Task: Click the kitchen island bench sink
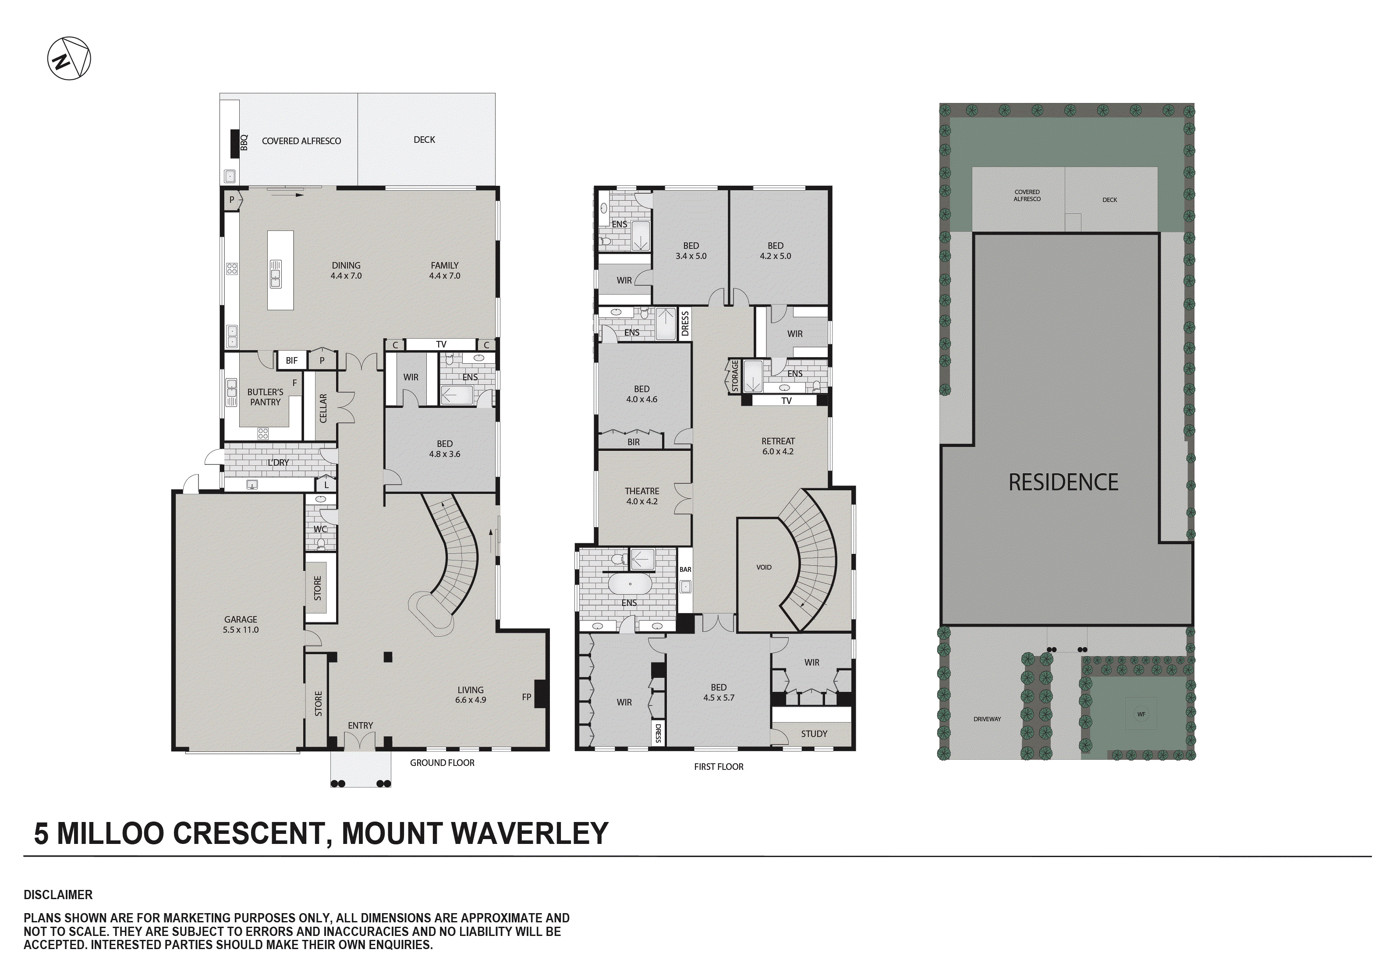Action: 276,274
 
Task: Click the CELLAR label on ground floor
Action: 323,408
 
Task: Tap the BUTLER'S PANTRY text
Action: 265,397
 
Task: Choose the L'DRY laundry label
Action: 278,463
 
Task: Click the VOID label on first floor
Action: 764,567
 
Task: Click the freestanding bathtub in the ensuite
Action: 630,585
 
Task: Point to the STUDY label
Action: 814,734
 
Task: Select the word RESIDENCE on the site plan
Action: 1063,483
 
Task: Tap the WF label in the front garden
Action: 1141,714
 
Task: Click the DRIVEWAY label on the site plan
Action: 987,719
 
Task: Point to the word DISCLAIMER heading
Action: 58,895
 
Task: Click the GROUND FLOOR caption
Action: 442,763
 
